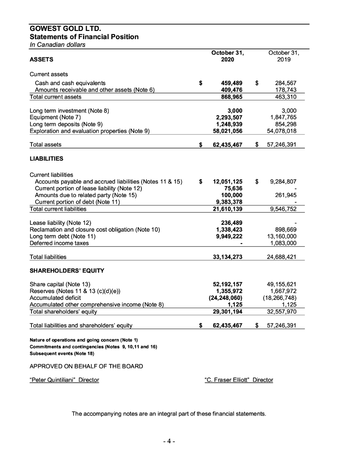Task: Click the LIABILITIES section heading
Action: (x=46, y=159)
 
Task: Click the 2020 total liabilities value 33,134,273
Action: (x=228, y=257)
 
